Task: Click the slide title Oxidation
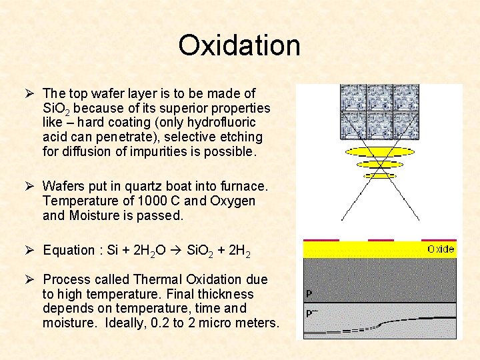coord(239,45)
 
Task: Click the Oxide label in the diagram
coord(441,249)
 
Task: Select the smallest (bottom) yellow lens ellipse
coord(380,176)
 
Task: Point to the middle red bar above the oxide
coord(381,239)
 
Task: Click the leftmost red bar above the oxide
coord(321,239)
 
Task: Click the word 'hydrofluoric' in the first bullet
coord(221,123)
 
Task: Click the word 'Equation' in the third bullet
coord(69,250)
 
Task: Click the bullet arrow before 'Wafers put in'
coord(32,185)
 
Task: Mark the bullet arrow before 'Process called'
coord(32,279)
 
